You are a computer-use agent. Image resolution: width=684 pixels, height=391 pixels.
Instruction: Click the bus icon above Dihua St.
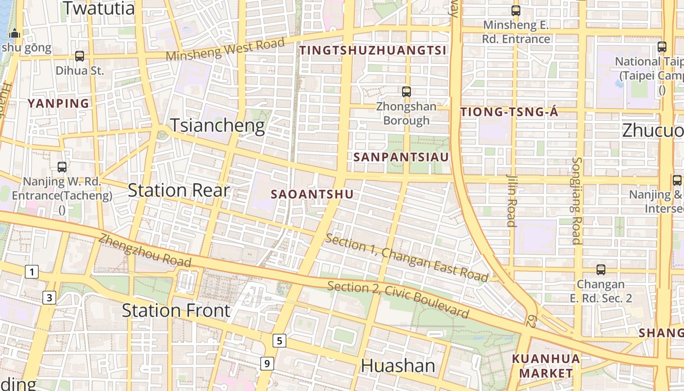click(x=80, y=56)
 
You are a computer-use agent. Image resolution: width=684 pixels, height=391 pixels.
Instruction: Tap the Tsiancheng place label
click(x=217, y=126)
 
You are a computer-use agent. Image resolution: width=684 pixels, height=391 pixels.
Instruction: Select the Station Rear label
click(x=178, y=190)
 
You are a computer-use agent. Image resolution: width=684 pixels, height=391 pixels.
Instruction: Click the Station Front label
click(x=176, y=310)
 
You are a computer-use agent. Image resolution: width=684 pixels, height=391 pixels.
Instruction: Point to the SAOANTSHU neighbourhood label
click(x=312, y=194)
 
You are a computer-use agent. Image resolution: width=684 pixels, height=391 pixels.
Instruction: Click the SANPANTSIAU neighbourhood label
click(x=401, y=157)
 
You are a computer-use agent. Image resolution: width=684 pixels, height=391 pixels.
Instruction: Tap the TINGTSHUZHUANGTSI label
click(x=373, y=50)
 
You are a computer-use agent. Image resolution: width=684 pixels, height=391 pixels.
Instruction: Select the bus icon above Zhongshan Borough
click(x=406, y=91)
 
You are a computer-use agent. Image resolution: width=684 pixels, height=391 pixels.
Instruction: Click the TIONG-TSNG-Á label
click(x=509, y=112)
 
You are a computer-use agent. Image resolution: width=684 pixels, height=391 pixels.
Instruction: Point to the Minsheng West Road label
click(x=225, y=49)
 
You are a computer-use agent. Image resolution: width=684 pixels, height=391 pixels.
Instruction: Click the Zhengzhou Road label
click(x=145, y=251)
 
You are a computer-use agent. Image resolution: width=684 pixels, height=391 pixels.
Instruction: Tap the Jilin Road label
click(x=512, y=200)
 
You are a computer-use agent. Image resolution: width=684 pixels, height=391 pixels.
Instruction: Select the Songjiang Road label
click(x=577, y=200)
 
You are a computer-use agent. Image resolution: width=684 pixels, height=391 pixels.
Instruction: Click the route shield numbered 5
click(x=279, y=341)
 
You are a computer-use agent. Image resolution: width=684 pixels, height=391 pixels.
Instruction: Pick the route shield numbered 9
click(x=266, y=363)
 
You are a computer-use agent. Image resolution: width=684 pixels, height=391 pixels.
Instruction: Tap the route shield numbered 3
click(x=49, y=297)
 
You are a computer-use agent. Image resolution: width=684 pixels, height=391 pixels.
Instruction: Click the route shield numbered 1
click(x=32, y=272)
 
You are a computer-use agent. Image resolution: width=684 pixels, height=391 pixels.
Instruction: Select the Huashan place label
click(x=398, y=366)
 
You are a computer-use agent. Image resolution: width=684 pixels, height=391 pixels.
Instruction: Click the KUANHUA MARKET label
click(x=546, y=366)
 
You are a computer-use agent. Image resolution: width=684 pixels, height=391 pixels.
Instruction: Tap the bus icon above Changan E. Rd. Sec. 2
click(x=600, y=269)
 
